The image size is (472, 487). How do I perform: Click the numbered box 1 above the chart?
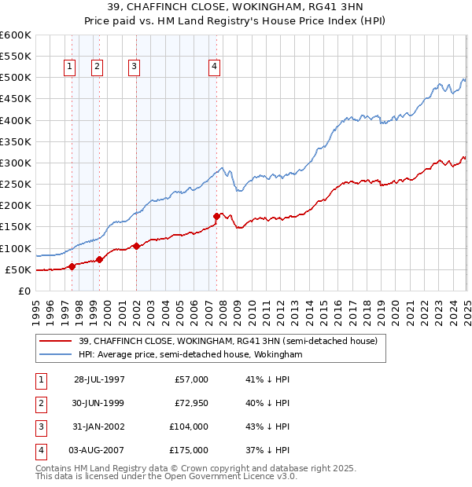(70, 68)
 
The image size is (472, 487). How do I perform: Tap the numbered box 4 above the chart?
(214, 68)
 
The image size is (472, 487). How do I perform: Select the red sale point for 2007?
(216, 215)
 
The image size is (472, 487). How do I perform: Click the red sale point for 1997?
(72, 266)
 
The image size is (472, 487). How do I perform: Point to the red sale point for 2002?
(136, 246)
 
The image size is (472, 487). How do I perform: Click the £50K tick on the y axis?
(18, 269)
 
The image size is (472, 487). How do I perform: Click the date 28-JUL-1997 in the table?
(99, 379)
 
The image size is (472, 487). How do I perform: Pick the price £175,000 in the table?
(189, 450)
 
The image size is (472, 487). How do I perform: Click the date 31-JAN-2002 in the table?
(99, 427)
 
